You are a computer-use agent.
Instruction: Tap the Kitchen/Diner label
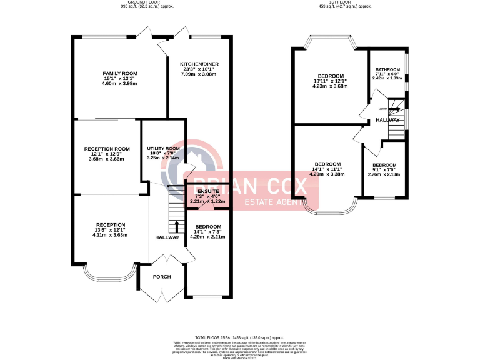pyautogui.click(x=199, y=64)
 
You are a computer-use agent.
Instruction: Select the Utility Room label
pyautogui.click(x=163, y=148)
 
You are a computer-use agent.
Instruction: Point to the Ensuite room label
pyautogui.click(x=208, y=191)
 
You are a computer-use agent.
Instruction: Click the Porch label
pyautogui.click(x=162, y=276)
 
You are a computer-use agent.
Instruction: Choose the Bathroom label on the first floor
pyautogui.click(x=387, y=69)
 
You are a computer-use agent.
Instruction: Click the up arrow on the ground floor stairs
pyautogui.click(x=176, y=225)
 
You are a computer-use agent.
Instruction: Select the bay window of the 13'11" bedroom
pyautogui.click(x=329, y=44)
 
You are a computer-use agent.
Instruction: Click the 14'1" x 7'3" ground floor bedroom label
pyautogui.click(x=208, y=227)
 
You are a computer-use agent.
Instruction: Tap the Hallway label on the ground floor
pyautogui.click(x=167, y=237)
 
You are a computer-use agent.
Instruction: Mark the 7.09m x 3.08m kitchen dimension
pyautogui.click(x=199, y=74)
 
